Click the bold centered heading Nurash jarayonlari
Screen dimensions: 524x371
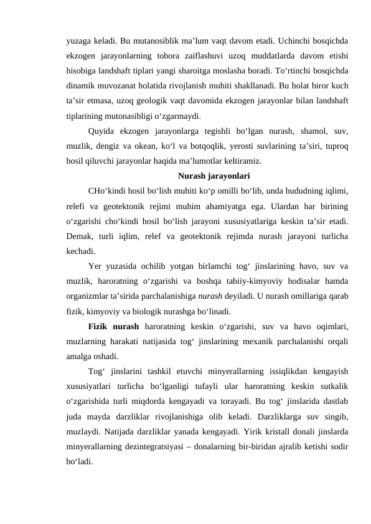point(214,175)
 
